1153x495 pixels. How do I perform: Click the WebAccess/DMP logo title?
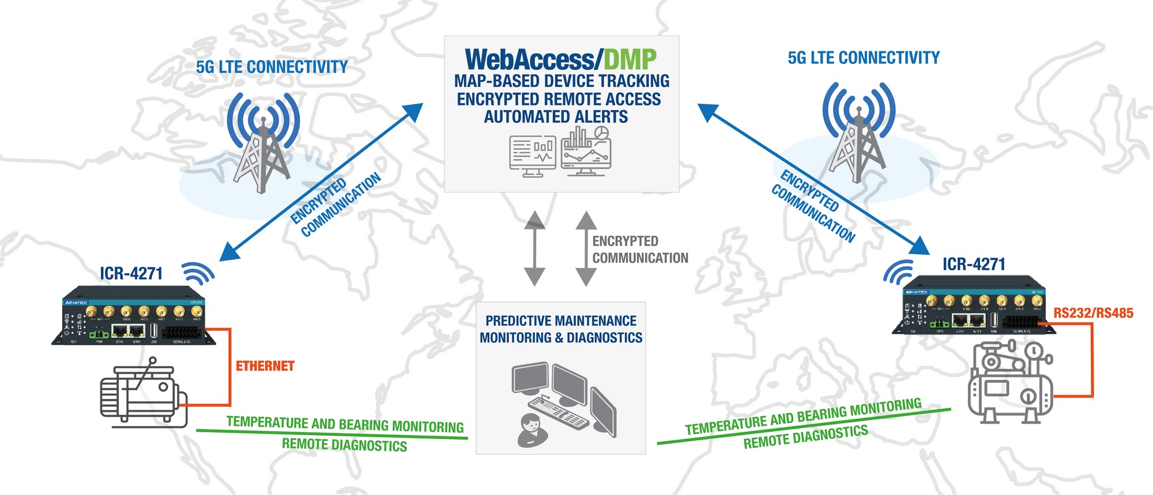point(560,59)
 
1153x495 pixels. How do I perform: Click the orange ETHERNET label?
point(265,366)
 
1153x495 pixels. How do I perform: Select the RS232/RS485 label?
point(1093,313)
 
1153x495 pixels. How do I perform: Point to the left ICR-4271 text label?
point(131,273)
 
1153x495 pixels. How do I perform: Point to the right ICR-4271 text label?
point(974,264)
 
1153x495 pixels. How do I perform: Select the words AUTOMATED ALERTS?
point(556,116)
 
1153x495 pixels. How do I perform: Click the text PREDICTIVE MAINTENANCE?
point(561,320)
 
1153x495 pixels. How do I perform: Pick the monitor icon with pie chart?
point(586,151)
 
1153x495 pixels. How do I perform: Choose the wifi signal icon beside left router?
point(198,273)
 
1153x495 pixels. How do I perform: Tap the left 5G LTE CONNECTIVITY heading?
point(272,67)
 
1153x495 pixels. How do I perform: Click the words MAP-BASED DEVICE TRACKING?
point(562,81)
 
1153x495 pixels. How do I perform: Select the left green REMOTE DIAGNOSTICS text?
point(344,445)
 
